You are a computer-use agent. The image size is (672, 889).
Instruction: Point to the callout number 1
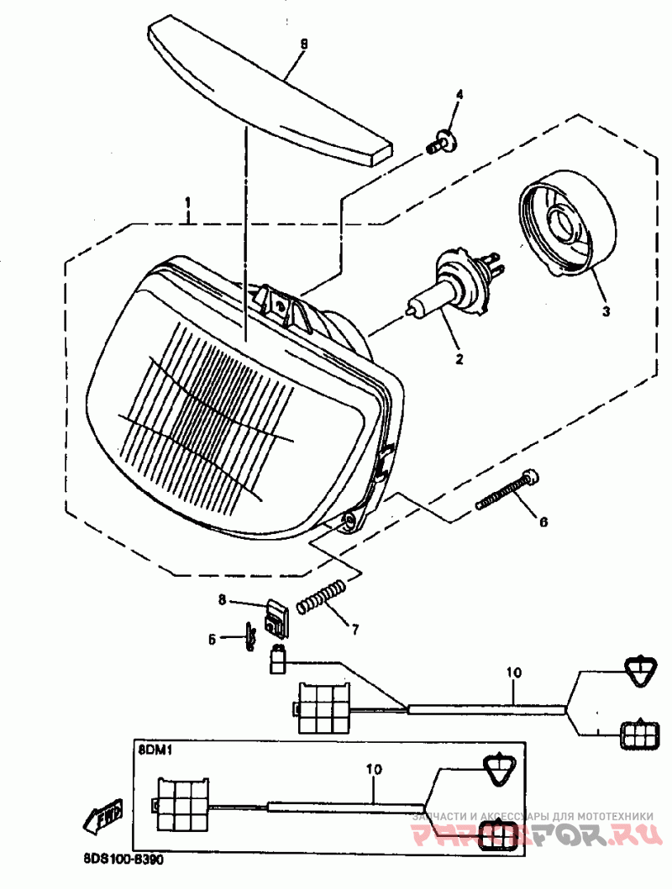pyautogui.click(x=187, y=203)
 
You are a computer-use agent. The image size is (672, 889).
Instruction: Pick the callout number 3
pyautogui.click(x=605, y=311)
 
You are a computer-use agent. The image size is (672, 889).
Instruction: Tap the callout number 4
pyautogui.click(x=459, y=94)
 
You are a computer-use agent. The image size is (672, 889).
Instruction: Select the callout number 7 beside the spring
pyautogui.click(x=352, y=628)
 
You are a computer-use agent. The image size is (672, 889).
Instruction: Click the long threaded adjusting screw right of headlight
pyautogui.click(x=507, y=490)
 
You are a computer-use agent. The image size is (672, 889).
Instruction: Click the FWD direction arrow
pyautogui.click(x=102, y=813)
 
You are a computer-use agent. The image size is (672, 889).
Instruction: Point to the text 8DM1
pyautogui.click(x=156, y=750)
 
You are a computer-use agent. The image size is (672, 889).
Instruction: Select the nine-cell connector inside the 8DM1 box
pyautogui.click(x=181, y=804)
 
